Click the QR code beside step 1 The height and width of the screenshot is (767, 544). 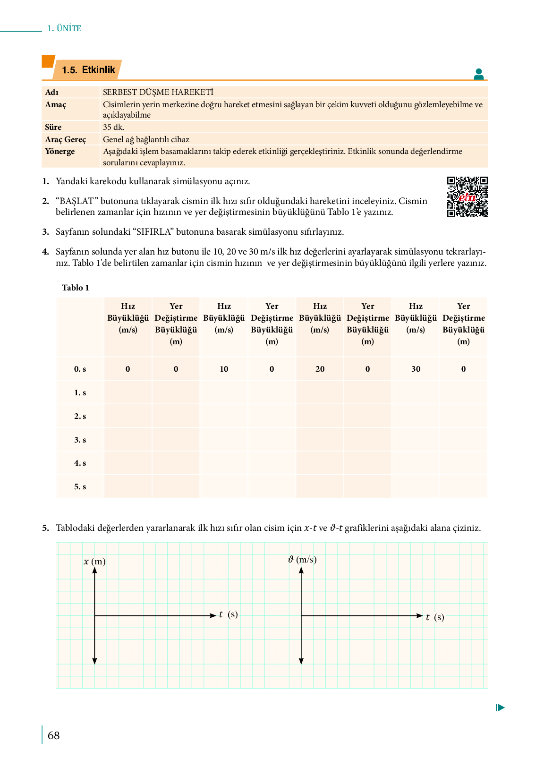coord(467,197)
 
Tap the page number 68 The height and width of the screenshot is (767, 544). coord(54,735)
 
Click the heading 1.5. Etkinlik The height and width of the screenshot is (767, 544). coord(88,70)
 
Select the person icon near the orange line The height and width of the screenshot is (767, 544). coord(479,74)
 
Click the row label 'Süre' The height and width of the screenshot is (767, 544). coord(53,127)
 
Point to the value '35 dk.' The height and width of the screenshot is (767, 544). coord(113,127)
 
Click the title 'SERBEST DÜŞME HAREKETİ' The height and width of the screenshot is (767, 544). coord(158,92)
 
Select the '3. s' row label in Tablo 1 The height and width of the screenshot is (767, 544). coord(80,440)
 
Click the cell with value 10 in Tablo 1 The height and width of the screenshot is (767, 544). coord(224,369)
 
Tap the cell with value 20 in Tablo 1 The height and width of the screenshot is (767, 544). coord(320,369)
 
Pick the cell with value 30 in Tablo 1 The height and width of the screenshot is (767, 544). coord(416,369)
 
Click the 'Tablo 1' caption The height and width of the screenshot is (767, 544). coord(76,288)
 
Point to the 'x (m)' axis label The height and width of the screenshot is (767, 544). coord(94,562)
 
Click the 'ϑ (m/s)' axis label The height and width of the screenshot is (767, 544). coord(302,560)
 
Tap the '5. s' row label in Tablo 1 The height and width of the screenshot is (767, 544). coord(80,486)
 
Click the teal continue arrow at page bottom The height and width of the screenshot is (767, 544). coord(500,707)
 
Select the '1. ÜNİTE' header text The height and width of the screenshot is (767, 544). coord(64,28)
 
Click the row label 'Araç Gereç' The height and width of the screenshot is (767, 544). coord(66,139)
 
